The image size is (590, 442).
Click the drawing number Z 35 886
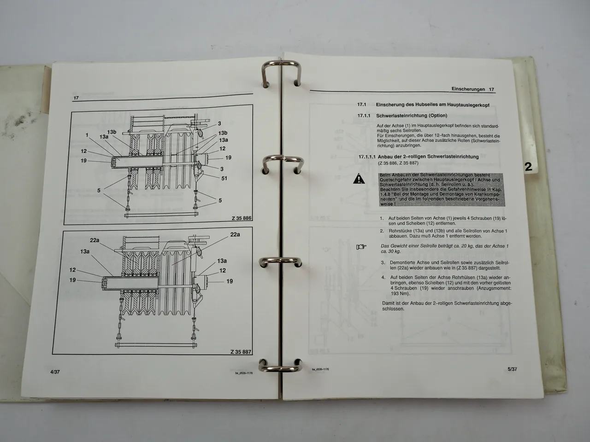point(242,218)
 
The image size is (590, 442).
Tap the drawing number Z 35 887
point(241,352)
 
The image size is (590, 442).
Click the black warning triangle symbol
point(358,179)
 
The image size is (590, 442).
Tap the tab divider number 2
point(528,166)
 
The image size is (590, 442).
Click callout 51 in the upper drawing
point(224,178)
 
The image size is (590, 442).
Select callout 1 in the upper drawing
point(87,135)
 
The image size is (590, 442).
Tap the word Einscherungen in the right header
point(468,89)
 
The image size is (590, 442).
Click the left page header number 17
point(76,98)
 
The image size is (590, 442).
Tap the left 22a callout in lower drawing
point(95,240)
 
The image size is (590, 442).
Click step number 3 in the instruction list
point(383,262)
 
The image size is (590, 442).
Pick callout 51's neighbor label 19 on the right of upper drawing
point(228,157)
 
